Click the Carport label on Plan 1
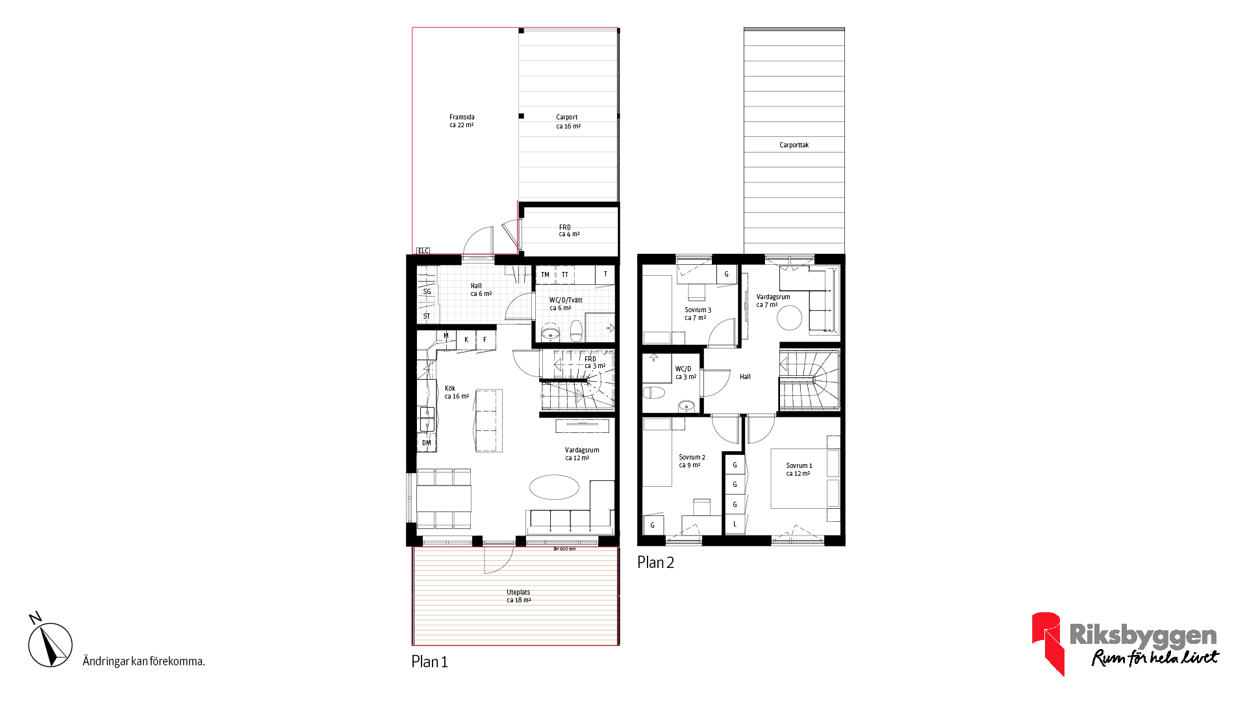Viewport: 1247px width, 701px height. tap(567, 117)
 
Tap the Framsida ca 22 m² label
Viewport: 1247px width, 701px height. tap(462, 121)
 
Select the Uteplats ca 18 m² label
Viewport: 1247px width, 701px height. tap(518, 596)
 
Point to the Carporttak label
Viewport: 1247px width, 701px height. tap(794, 145)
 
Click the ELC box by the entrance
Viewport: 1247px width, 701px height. tap(423, 251)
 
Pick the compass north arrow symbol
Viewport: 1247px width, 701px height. tap(50, 643)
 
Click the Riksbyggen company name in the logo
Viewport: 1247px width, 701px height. tap(1143, 635)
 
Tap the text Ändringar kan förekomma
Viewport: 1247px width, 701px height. tap(144, 661)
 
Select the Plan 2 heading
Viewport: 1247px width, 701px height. tap(655, 563)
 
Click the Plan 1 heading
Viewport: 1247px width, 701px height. tap(429, 661)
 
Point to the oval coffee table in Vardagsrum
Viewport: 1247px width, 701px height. tap(554, 487)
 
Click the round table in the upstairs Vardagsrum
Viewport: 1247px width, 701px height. tap(790, 318)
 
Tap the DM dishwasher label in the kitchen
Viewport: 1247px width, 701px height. tap(427, 443)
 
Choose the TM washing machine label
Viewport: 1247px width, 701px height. tap(545, 275)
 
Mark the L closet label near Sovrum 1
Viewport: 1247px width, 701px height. tap(735, 524)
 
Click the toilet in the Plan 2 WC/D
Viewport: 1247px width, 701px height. tap(654, 393)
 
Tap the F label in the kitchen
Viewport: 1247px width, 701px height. tap(485, 339)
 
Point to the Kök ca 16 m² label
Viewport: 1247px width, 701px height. tap(457, 392)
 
